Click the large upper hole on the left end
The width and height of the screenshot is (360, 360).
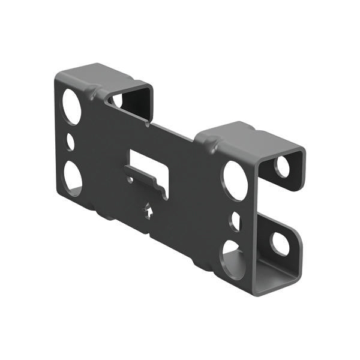[x=71, y=107]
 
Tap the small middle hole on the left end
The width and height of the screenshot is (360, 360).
[x=70, y=142]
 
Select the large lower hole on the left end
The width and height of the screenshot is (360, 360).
[x=73, y=178]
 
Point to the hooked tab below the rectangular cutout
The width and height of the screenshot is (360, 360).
[x=147, y=182]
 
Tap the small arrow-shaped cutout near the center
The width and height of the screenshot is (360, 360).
[x=148, y=211]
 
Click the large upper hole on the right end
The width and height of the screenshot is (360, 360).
[x=235, y=181]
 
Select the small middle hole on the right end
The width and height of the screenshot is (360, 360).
[x=235, y=221]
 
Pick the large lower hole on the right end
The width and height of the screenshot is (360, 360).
[x=233, y=259]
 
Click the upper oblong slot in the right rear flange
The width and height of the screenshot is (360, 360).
[x=282, y=166]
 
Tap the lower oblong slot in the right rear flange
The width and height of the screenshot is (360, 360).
[x=280, y=243]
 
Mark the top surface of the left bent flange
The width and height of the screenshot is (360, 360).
[x=96, y=75]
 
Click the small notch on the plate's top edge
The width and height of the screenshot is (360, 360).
[x=148, y=124]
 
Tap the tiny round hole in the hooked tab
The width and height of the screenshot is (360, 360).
[x=130, y=178]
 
